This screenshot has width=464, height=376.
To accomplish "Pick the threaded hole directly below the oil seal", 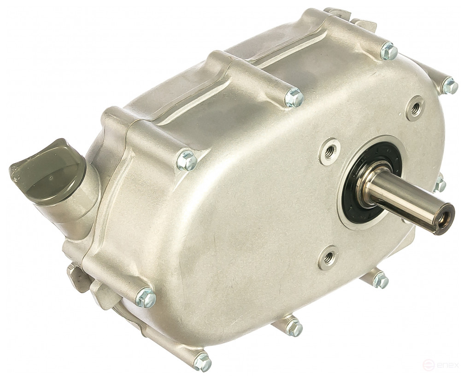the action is (328, 257).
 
